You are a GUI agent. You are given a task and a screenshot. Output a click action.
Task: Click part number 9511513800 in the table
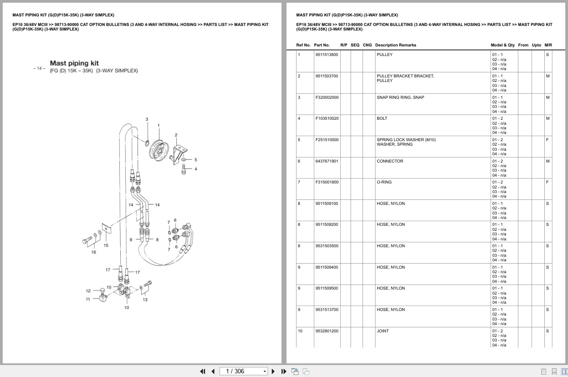click(x=327, y=55)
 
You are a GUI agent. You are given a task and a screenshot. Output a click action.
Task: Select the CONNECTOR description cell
click(x=390, y=161)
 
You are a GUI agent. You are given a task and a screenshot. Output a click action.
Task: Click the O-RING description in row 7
click(x=384, y=182)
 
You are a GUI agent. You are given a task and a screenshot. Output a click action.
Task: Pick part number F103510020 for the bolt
click(x=327, y=118)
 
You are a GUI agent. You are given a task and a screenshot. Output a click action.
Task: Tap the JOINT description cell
click(x=383, y=331)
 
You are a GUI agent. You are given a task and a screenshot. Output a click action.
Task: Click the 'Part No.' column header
click(x=322, y=45)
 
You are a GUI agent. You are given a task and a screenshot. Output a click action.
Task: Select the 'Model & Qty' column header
click(x=502, y=45)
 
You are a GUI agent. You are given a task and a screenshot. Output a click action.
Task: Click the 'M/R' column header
click(x=548, y=45)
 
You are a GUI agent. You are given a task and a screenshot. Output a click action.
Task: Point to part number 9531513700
click(x=327, y=310)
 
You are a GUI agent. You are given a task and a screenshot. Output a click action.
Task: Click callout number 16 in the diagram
click(x=93, y=252)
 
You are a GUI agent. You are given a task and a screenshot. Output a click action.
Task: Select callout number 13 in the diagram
click(x=145, y=300)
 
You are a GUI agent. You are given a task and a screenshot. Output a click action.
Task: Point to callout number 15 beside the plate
click(x=106, y=245)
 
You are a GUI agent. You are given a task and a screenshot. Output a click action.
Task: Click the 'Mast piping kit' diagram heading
click(x=74, y=63)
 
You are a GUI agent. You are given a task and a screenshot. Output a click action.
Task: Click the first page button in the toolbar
click(x=203, y=371)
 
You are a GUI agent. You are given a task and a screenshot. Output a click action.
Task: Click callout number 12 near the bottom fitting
click(x=88, y=290)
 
